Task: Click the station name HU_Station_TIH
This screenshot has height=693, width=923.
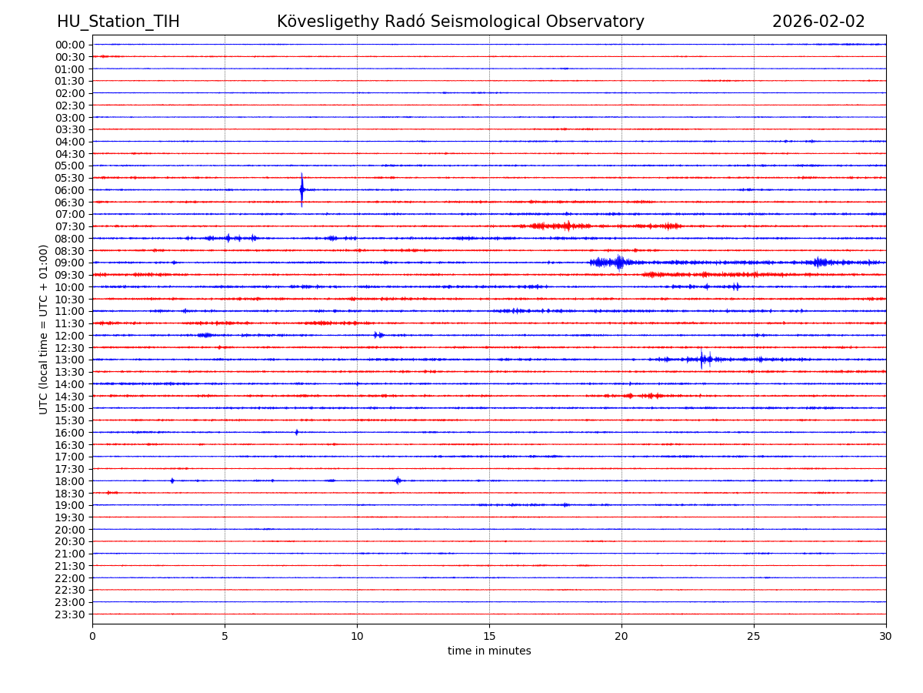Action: (x=118, y=22)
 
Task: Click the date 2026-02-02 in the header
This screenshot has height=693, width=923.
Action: (x=818, y=22)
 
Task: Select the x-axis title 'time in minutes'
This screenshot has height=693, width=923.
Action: (x=489, y=651)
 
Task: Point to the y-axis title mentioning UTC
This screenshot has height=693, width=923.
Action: (x=44, y=329)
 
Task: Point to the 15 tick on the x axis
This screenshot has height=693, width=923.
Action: (x=489, y=636)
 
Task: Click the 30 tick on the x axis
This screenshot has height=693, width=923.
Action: (x=886, y=636)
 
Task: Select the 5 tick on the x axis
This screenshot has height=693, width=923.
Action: (x=225, y=636)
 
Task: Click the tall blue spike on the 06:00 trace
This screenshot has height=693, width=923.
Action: (x=302, y=189)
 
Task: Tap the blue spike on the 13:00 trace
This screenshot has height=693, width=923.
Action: (x=701, y=359)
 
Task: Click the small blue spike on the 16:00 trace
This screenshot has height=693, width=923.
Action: (x=296, y=432)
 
